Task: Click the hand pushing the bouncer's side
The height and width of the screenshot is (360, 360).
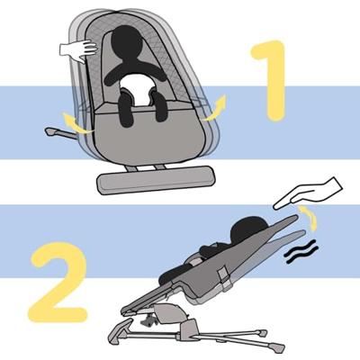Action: [78, 50]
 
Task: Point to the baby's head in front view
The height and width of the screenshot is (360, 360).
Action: [127, 41]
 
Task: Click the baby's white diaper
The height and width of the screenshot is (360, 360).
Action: [138, 89]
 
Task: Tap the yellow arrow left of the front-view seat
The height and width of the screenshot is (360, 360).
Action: [76, 123]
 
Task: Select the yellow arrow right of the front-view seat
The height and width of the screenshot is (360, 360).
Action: [214, 109]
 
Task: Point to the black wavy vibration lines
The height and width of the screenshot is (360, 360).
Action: [301, 251]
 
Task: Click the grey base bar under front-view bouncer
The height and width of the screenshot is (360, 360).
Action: [156, 180]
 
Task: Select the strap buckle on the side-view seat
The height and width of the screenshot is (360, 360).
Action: [223, 278]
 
